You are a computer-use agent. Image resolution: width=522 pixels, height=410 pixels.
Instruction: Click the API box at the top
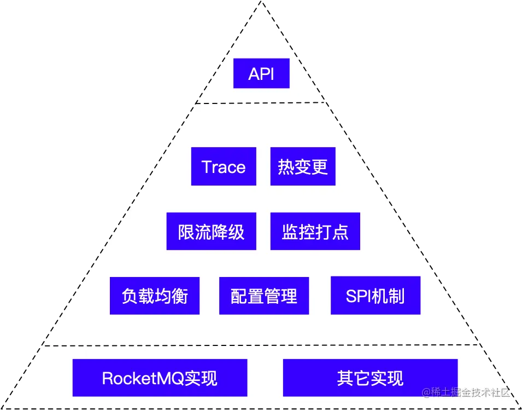coord(261,73)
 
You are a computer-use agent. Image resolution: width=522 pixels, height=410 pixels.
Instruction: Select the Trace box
coord(224,166)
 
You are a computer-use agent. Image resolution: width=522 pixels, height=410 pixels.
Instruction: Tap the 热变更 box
coord(303,166)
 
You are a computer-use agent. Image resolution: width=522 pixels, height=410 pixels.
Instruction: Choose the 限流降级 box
coord(211,232)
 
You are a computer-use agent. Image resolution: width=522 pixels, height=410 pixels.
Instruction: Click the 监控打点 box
coord(315,232)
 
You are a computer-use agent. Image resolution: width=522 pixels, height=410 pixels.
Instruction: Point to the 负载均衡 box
coord(154,296)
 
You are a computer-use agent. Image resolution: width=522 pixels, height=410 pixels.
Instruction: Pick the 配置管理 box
coord(264,296)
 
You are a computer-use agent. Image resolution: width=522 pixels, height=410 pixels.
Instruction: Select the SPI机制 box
coord(376,296)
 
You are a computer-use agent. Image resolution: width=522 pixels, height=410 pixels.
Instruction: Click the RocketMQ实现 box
coord(160,378)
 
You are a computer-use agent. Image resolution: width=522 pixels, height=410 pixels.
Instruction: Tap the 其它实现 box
coord(370,378)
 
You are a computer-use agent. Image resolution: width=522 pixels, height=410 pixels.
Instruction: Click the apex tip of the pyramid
coord(261,3)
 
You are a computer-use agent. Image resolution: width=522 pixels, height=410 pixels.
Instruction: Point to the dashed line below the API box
coord(261,103)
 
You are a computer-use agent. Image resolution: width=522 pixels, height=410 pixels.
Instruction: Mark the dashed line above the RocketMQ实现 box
coord(261,345)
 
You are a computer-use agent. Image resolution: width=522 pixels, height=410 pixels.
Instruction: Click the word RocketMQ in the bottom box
coord(143,378)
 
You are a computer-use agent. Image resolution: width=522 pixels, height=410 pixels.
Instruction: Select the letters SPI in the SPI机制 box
coord(359,296)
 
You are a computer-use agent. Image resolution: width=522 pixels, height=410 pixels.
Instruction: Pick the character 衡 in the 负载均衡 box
coord(180,296)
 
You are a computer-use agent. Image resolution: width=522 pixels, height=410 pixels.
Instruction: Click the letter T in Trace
coord(206,167)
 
